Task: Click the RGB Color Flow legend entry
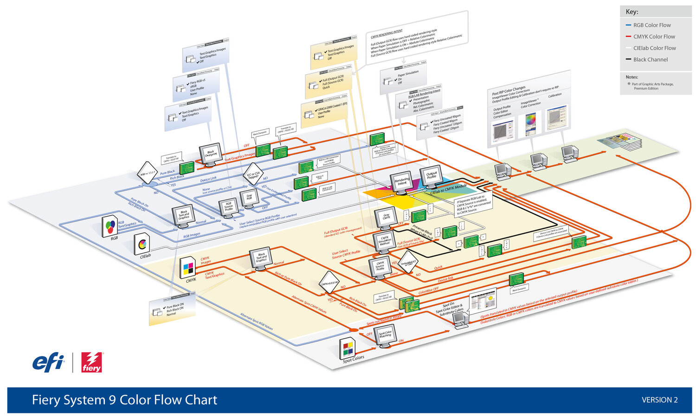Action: point(651,25)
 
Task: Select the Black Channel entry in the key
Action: point(650,59)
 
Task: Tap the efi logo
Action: point(48,362)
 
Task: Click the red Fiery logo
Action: point(91,362)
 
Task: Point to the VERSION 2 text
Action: point(659,400)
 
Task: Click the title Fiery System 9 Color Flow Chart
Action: point(124,400)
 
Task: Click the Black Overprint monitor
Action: point(210,153)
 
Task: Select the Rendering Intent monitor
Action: point(402,181)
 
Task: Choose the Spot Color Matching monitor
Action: point(385,334)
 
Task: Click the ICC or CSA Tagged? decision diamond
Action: point(253,174)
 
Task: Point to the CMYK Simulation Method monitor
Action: point(384,241)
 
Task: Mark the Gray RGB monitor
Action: point(249,197)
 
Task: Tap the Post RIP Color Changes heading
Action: point(509,90)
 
